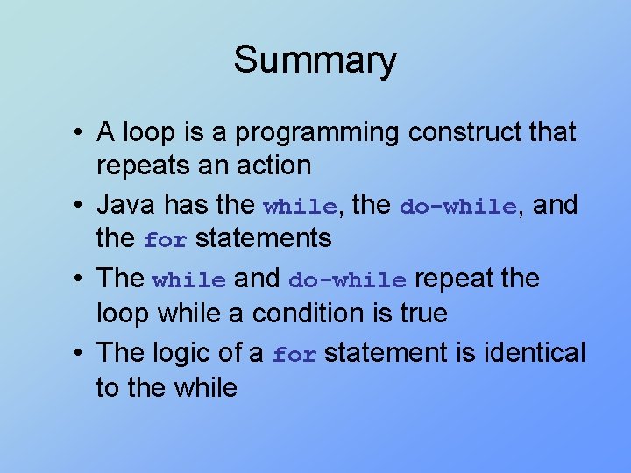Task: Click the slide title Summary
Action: [x=315, y=60]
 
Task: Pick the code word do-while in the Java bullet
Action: [x=457, y=207]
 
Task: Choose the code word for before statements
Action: [x=166, y=239]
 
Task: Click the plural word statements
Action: [x=263, y=238]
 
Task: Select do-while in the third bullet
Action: [x=347, y=280]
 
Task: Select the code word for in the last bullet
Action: [x=294, y=355]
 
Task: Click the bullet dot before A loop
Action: [x=80, y=133]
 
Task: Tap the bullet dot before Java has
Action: [x=80, y=206]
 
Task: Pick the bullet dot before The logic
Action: [x=80, y=353]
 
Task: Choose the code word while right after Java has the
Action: [x=300, y=207]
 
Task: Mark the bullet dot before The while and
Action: [x=80, y=279]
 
